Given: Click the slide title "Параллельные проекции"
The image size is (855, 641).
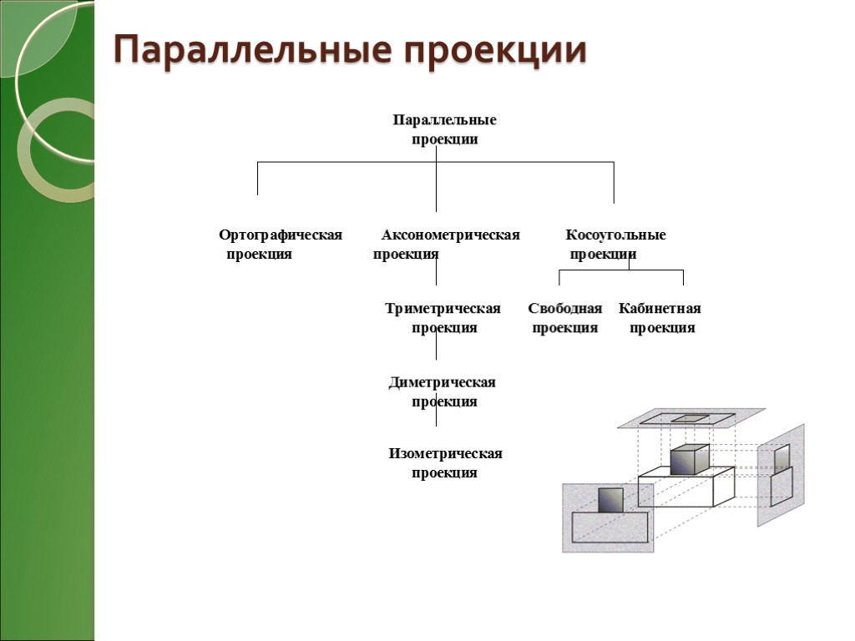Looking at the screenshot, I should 350,51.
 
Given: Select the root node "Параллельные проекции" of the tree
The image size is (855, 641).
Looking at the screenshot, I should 444,129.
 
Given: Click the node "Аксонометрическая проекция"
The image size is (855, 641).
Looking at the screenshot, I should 447,245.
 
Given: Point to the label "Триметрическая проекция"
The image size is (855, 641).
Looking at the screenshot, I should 443,318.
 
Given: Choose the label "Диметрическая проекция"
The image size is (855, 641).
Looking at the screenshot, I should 443,391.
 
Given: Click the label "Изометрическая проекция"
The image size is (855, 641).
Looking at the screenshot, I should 445,463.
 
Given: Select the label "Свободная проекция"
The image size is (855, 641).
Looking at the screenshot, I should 565,318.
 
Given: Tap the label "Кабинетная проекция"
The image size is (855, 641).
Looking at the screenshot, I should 660,318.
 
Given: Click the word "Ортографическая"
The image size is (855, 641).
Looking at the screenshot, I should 281,235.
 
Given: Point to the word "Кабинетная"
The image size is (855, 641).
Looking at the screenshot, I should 660,309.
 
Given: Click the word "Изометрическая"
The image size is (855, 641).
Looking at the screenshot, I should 445,454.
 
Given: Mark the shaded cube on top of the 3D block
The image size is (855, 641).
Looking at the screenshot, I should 689,460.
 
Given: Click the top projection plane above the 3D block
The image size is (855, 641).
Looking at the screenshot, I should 691,418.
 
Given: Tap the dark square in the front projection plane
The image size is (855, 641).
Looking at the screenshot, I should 611,499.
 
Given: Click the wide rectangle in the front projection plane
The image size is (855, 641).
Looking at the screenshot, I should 610,528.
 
